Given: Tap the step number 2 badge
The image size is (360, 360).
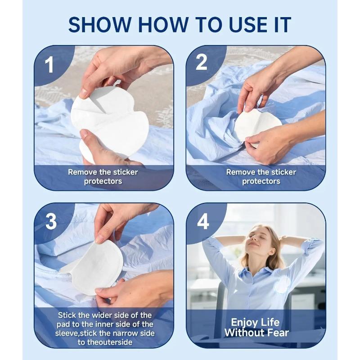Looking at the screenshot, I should coord(202,63).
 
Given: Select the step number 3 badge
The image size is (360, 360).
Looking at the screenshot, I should coord(51,221).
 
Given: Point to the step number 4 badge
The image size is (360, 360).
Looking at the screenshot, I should coord(203,221).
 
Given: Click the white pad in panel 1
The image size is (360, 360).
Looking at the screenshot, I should coord(110,121).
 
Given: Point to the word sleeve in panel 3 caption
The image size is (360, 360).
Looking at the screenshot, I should coord(70,333).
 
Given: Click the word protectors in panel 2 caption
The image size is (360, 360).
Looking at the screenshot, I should coord(261,181).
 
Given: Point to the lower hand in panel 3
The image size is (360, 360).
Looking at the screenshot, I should coord(135,288).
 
